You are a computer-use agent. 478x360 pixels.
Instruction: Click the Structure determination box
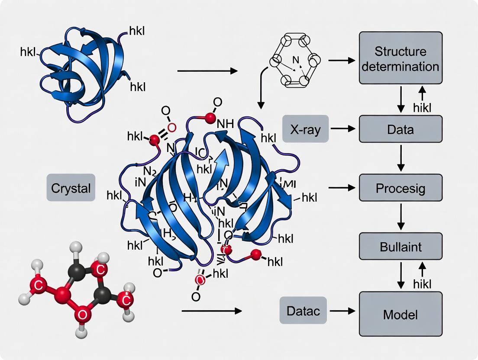click(400, 58)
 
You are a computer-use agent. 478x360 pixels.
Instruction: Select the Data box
click(400, 129)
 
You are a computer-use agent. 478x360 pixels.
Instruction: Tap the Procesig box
click(400, 188)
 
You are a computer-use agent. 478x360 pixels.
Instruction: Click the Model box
click(400, 314)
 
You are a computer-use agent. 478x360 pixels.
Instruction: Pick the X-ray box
click(305, 129)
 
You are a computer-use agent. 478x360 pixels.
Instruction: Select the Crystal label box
click(71, 189)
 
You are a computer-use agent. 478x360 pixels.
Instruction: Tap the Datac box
click(303, 310)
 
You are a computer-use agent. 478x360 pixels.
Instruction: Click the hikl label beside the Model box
click(423, 284)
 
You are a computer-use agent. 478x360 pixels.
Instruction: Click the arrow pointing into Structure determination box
click(342, 60)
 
